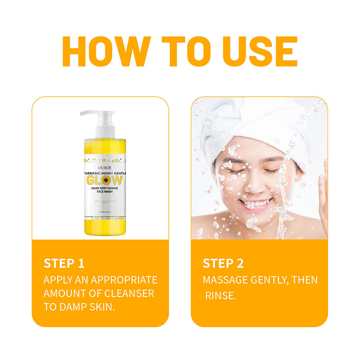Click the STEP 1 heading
click(64, 263)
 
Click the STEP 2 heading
click(223, 263)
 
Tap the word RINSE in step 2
click(220, 296)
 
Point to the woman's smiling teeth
click(254, 203)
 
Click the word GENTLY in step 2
click(274, 280)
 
